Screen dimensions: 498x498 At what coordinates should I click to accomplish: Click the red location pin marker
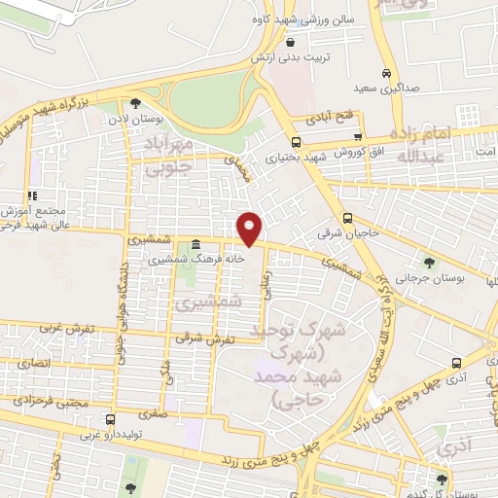pyautogui.click(x=250, y=229)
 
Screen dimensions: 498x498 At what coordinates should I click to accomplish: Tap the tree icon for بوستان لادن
pyautogui.click(x=135, y=103)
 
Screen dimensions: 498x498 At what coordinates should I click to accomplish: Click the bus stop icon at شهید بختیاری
pyautogui.click(x=296, y=142)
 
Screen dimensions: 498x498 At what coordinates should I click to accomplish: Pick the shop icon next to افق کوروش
pyautogui.click(x=359, y=137)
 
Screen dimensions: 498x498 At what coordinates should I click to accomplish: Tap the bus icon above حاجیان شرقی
pyautogui.click(x=347, y=219)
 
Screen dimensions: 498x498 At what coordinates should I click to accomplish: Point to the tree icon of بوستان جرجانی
pyautogui.click(x=429, y=262)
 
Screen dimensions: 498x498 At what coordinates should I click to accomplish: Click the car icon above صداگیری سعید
pyautogui.click(x=386, y=74)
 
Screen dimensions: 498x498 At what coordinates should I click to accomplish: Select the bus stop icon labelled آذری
pyautogui.click(x=456, y=364)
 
